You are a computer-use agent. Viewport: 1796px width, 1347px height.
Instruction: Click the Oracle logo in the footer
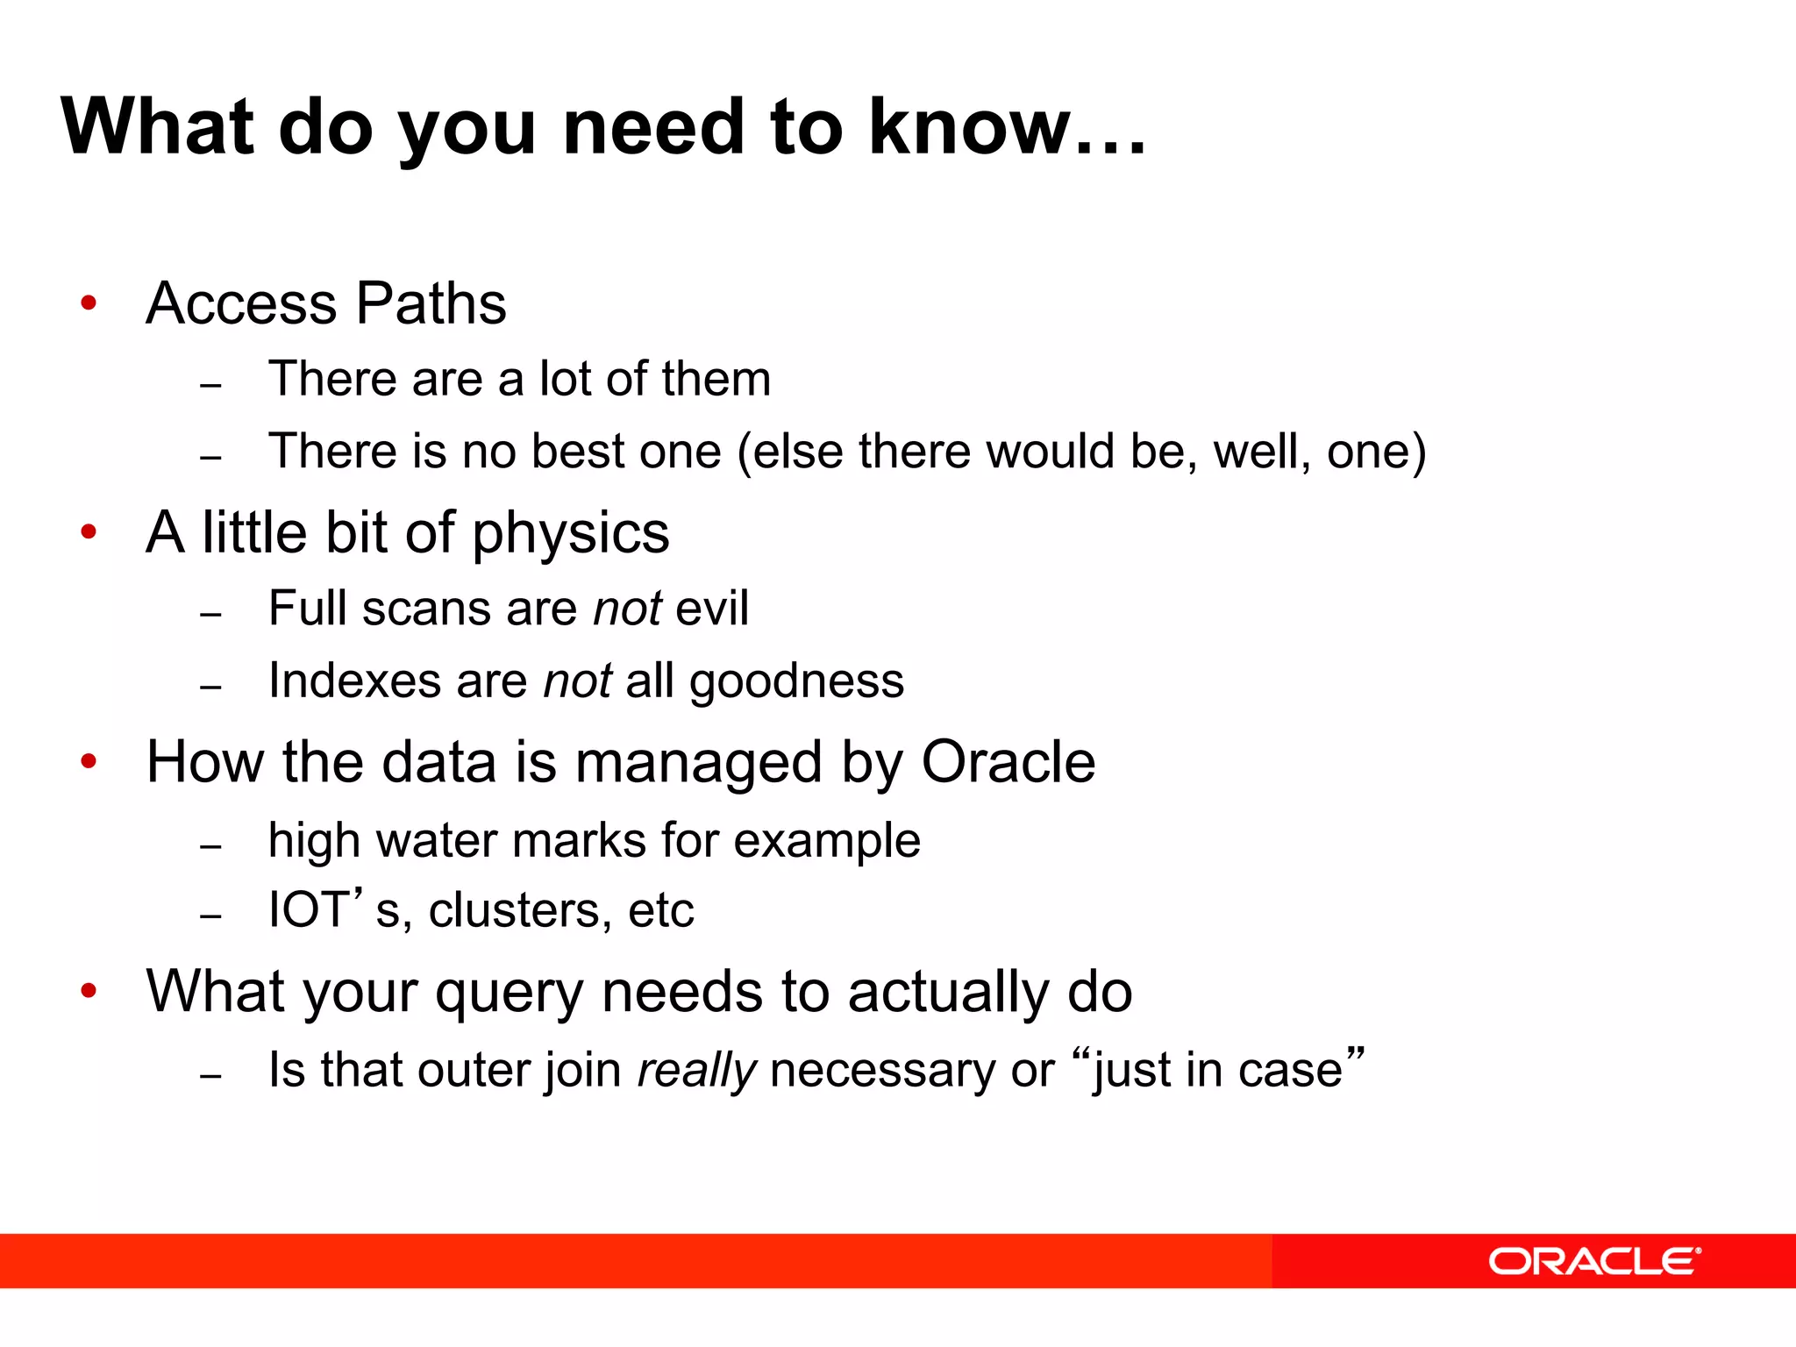click(1593, 1262)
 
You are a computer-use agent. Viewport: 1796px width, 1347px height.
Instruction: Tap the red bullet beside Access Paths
click(89, 303)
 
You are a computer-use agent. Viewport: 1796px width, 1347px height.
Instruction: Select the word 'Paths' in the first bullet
click(431, 303)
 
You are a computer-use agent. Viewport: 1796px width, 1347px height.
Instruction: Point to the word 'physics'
click(571, 533)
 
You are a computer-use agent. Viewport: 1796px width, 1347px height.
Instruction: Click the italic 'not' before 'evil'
click(627, 609)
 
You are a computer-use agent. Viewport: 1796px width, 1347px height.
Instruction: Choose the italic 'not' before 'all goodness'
click(577, 681)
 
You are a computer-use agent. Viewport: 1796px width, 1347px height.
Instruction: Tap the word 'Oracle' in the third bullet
click(1008, 761)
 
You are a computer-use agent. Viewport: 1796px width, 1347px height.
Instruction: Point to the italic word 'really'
click(696, 1071)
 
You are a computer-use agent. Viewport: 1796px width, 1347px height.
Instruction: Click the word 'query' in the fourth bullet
click(509, 993)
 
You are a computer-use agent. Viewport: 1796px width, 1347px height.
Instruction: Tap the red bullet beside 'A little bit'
click(89, 532)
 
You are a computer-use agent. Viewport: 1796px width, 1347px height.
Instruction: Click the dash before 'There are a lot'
click(210, 385)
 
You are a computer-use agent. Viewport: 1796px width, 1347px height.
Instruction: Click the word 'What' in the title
click(157, 127)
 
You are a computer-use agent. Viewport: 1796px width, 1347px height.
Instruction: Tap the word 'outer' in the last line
click(474, 1071)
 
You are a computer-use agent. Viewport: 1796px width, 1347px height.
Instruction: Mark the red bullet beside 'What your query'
click(89, 991)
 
